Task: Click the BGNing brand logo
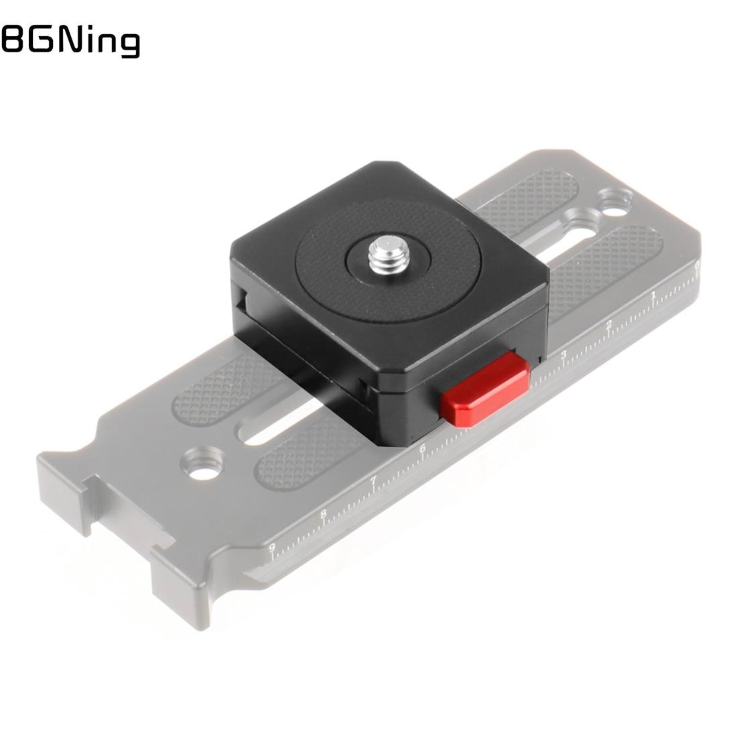tap(70, 41)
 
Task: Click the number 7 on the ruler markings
tap(374, 480)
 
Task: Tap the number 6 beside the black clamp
tap(423, 449)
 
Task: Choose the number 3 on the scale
tap(564, 354)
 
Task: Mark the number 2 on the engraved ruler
tap(609, 326)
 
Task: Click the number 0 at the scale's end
tap(697, 266)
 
